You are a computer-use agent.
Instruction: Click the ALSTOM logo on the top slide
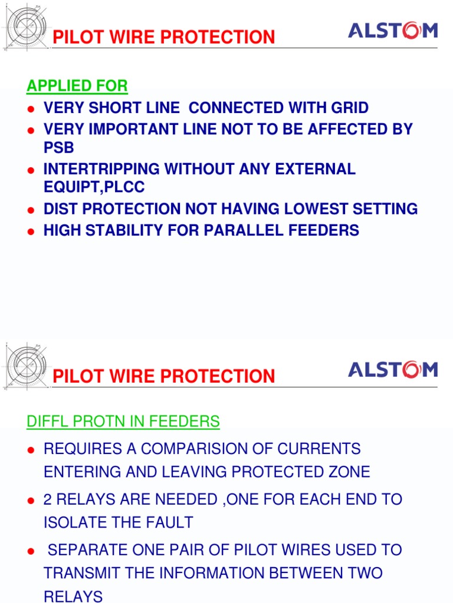(x=393, y=31)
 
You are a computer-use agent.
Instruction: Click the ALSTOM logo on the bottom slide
(x=393, y=370)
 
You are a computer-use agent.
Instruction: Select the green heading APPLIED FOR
(x=77, y=86)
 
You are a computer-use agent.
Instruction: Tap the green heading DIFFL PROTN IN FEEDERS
(x=123, y=422)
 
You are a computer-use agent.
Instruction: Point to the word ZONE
(x=347, y=472)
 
